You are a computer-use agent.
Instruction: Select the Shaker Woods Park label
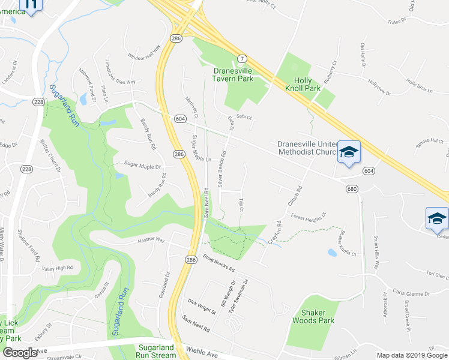point(317,316)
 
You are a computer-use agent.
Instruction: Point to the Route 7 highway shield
point(242,58)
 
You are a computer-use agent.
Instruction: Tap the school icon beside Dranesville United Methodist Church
point(349,153)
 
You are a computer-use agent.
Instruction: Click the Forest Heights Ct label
point(308,215)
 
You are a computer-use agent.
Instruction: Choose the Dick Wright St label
point(202,307)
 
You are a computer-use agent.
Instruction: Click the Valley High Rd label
point(57,268)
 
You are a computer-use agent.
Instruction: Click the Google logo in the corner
point(20,353)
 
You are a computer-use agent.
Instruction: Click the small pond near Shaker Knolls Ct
point(332,253)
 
